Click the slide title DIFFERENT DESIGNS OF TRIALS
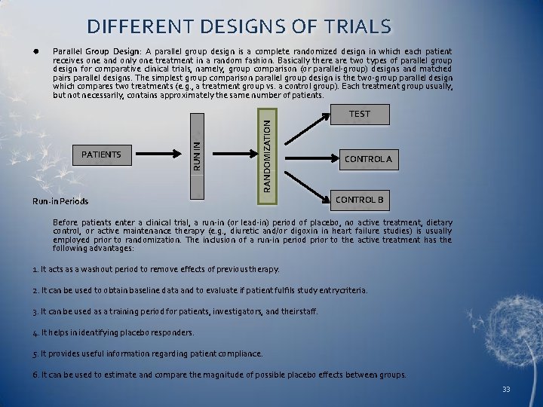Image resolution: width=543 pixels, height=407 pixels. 239,27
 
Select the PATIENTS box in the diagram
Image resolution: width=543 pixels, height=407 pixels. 101,155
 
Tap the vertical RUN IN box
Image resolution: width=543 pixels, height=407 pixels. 196,155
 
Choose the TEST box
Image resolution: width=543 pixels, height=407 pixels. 360,115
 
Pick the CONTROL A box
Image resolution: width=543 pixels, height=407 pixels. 368,160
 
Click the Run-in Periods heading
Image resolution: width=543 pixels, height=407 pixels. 60,201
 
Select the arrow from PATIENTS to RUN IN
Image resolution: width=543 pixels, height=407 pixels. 161,155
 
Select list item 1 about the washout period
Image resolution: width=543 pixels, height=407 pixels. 156,269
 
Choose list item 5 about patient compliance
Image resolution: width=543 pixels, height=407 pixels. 148,353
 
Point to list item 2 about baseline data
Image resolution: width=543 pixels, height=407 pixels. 201,290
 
